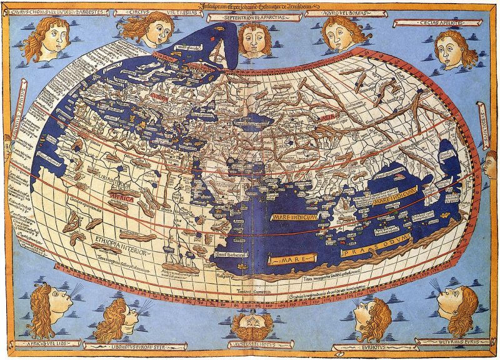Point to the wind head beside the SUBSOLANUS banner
point(491,162)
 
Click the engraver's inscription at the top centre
point(250,6)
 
